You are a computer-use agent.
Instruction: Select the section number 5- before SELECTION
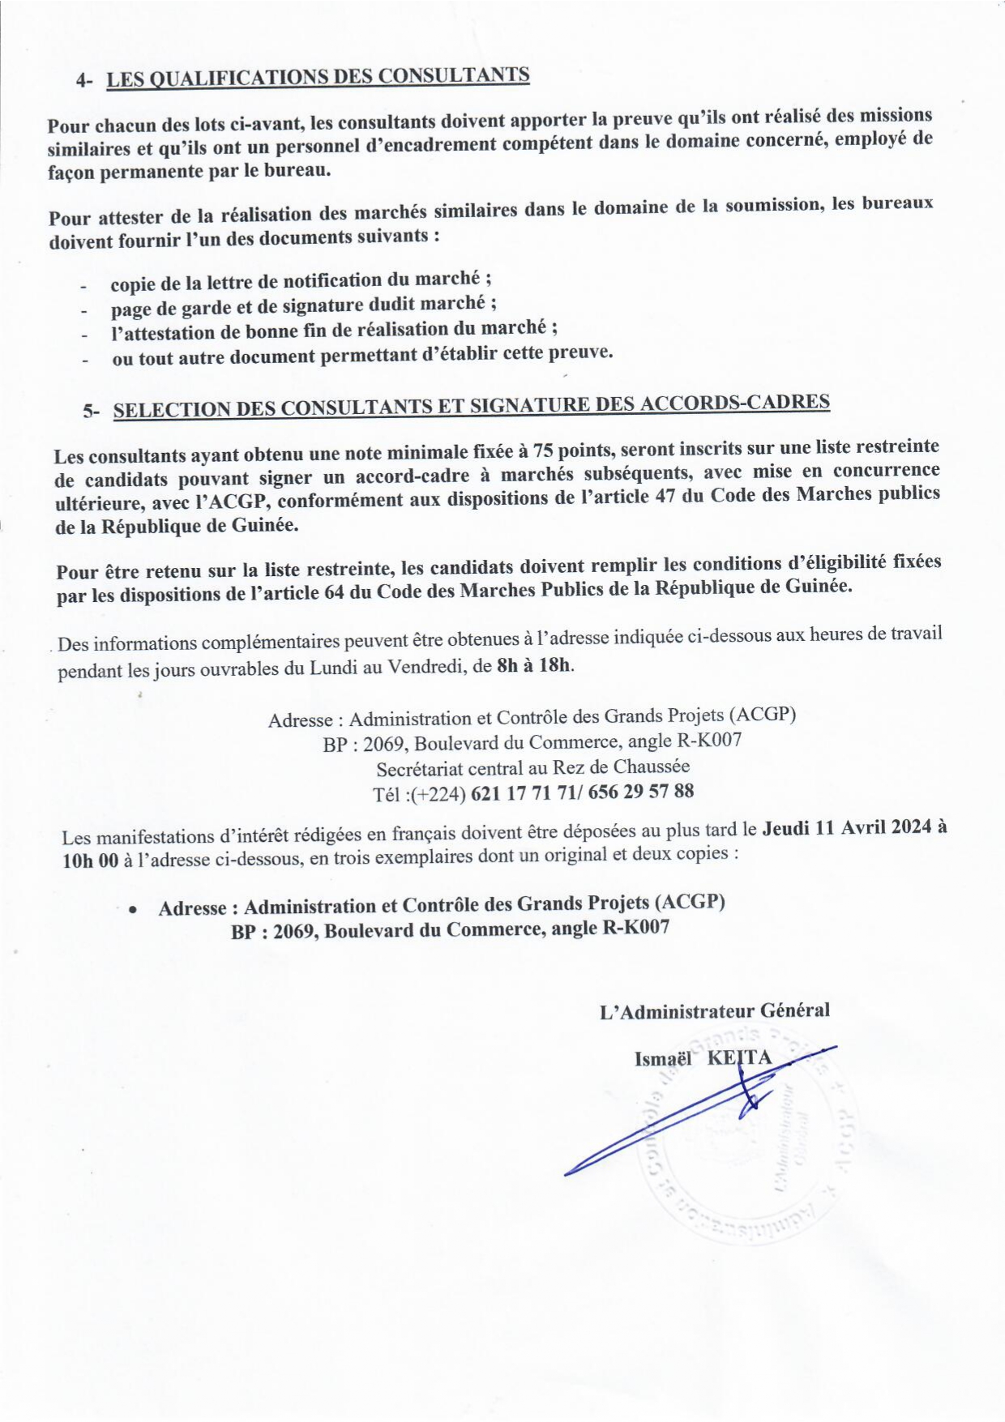[x=91, y=411]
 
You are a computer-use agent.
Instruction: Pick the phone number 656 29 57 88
[x=641, y=792]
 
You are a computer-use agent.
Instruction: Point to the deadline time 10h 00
[x=91, y=860]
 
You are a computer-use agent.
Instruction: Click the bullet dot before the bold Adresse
[x=132, y=910]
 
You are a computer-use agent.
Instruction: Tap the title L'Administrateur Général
[x=714, y=1010]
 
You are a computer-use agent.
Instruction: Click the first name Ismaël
[x=663, y=1058]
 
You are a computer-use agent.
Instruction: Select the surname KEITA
[x=739, y=1057]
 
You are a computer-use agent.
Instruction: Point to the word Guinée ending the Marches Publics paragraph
[x=819, y=586]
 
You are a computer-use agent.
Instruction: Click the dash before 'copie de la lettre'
[x=83, y=286]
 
